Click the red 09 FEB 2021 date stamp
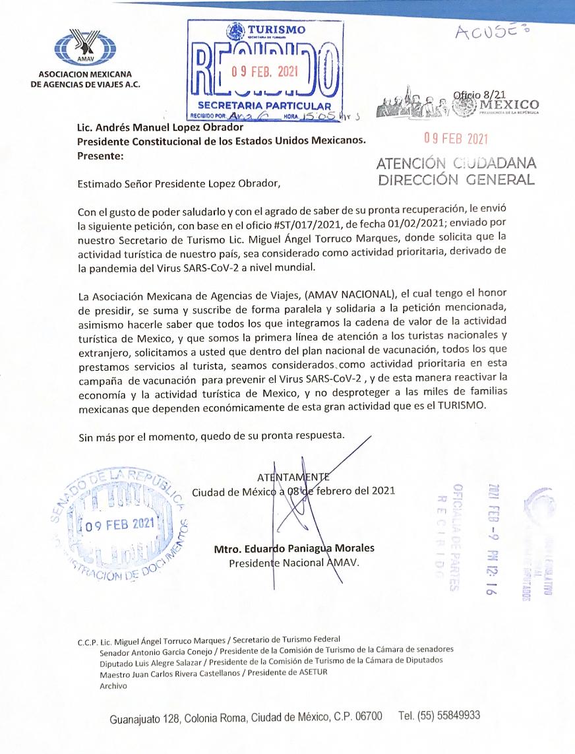coord(456,139)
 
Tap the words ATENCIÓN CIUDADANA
coord(456,164)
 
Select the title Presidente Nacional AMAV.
coord(294,563)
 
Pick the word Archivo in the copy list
coord(113,686)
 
